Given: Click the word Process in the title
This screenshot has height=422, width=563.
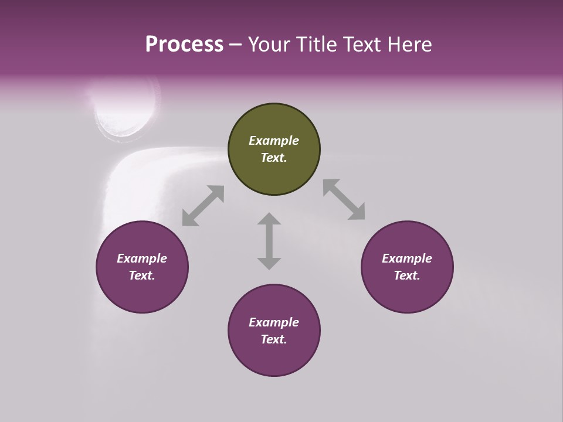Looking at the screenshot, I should click(x=184, y=44).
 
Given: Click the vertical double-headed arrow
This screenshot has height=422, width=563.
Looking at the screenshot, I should click(x=269, y=241).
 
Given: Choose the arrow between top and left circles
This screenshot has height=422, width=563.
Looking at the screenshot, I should click(x=203, y=206).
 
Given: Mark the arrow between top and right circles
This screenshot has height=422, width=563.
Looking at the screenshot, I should click(x=344, y=199).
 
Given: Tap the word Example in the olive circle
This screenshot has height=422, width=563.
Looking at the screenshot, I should click(x=274, y=141).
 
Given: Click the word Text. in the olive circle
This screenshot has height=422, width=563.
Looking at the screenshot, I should click(x=274, y=158).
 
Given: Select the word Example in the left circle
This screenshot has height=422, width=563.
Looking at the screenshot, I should click(x=142, y=258).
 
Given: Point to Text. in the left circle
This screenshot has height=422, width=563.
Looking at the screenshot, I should click(x=142, y=275).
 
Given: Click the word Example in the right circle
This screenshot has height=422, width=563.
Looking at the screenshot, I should click(x=407, y=258).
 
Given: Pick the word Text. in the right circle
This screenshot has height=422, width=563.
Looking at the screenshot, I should click(x=407, y=275).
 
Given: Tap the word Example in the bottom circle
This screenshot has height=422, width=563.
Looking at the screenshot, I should click(x=274, y=322).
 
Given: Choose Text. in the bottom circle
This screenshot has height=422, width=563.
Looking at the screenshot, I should click(x=274, y=339).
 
